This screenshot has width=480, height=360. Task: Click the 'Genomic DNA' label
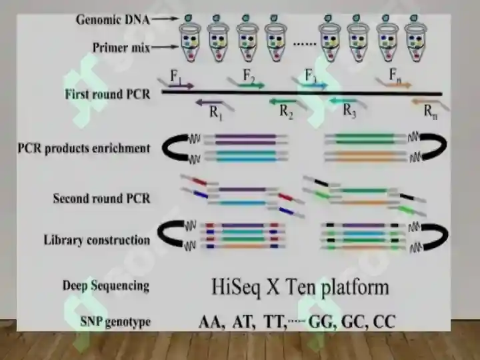[x=113, y=20]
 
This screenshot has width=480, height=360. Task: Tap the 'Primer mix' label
[x=121, y=48]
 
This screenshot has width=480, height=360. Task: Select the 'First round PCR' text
[x=107, y=94]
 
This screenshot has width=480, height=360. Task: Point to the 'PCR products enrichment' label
[x=84, y=149]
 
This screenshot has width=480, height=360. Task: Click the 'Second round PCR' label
[x=101, y=199]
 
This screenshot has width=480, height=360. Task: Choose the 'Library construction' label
[x=97, y=240]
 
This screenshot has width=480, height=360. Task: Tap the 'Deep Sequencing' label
[x=106, y=286]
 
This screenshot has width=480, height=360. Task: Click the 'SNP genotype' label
[x=115, y=322]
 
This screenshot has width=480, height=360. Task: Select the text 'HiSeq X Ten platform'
[x=300, y=287]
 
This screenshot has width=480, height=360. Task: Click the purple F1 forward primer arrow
[x=181, y=86]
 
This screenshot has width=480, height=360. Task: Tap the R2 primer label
[x=286, y=112]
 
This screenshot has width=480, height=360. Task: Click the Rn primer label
[x=431, y=111]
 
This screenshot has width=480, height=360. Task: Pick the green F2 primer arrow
[x=251, y=86]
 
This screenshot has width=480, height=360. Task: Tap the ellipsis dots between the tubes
[x=305, y=44]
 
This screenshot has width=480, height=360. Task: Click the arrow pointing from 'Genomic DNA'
[x=165, y=19]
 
